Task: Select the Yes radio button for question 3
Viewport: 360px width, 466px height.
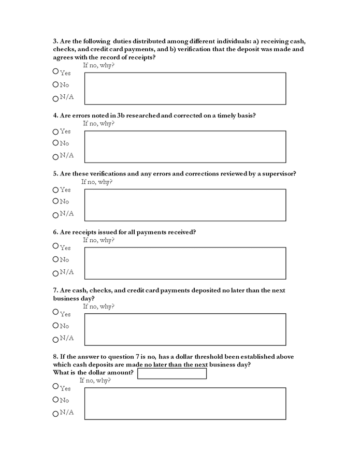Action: point(55,71)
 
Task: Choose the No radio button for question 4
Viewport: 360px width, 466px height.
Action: point(55,143)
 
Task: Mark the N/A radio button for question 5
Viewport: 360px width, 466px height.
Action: point(55,215)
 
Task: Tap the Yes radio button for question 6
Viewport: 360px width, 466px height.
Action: point(55,246)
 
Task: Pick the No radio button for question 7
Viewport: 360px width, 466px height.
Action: point(55,326)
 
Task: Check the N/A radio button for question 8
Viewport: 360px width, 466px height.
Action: point(55,414)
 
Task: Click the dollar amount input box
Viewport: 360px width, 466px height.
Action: point(171,373)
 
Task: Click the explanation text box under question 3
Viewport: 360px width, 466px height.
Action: point(185,89)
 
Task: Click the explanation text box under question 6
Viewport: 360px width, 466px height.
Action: point(185,263)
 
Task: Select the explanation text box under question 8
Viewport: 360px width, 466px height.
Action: point(185,403)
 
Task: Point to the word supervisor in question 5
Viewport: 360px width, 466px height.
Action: point(276,173)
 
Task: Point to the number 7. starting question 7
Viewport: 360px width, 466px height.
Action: point(56,290)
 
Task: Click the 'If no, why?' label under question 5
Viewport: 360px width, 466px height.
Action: point(97,182)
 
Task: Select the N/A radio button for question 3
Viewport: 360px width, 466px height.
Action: point(55,98)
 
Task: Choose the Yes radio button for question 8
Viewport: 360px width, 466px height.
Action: point(55,386)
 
